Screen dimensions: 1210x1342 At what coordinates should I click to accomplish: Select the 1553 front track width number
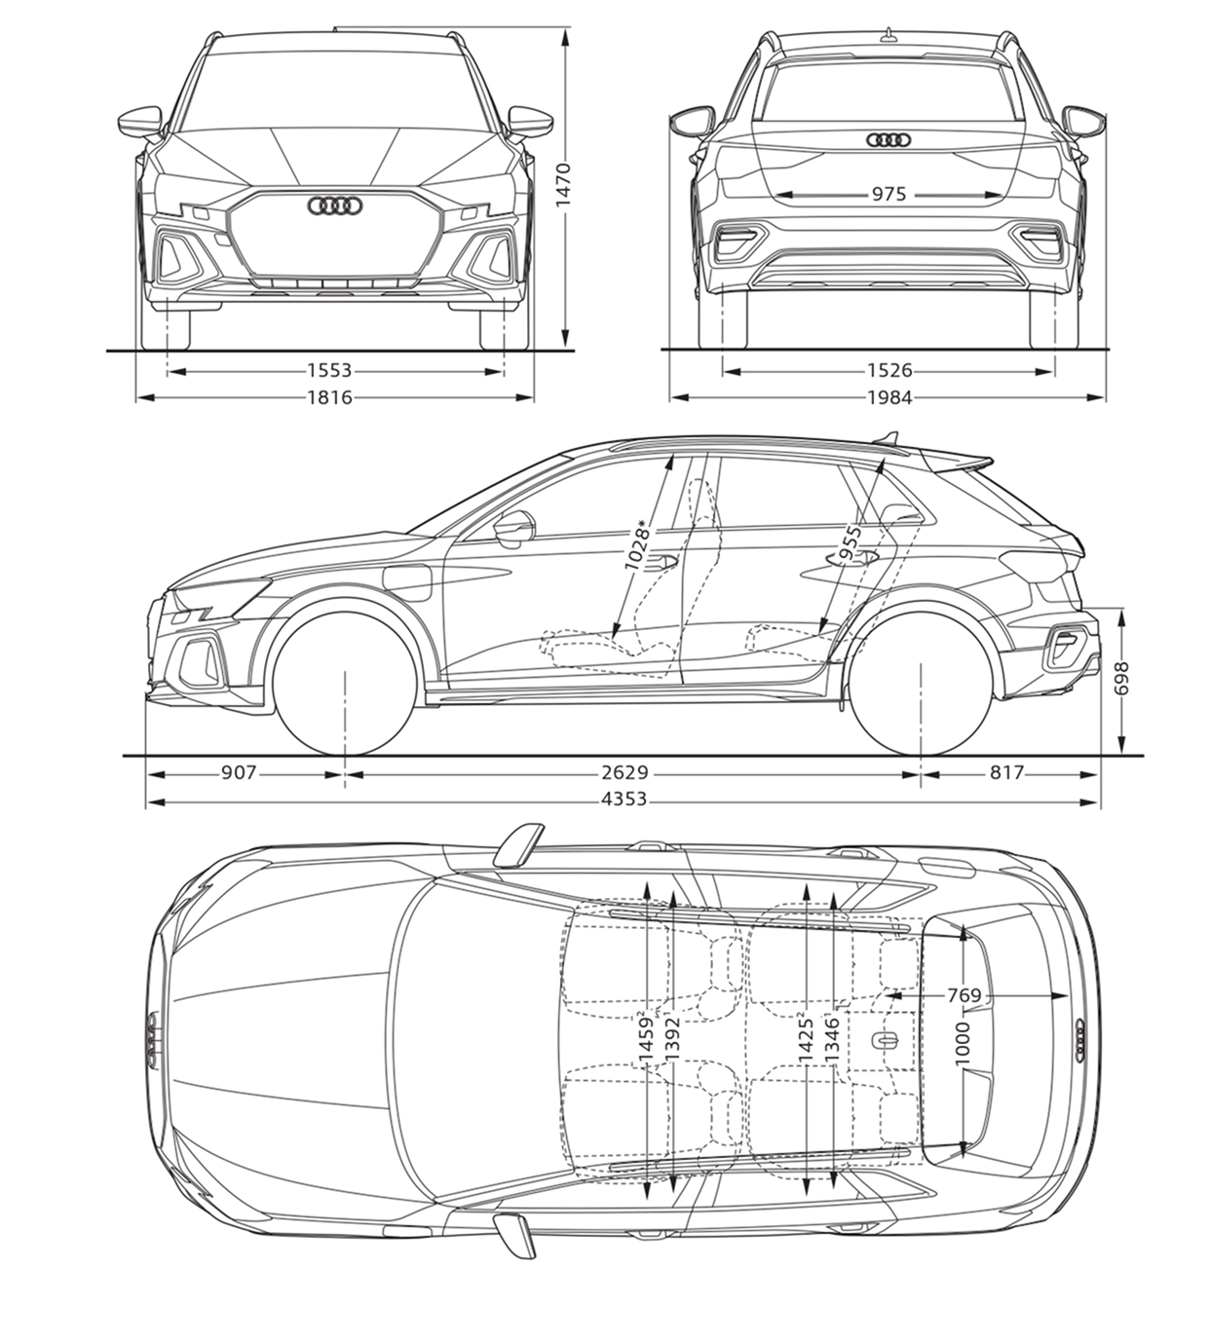coord(329,370)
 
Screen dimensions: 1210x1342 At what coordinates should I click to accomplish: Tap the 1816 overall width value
coord(329,397)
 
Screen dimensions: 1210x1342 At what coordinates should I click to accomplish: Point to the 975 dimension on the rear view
coord(889,194)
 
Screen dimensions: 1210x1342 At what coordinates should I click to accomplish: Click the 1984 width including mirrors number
coord(889,397)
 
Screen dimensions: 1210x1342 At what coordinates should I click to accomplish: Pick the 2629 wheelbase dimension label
coord(625,772)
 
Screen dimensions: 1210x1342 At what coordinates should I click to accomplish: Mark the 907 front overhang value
coord(239,772)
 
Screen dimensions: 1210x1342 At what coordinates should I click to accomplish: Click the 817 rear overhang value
coord(1005,772)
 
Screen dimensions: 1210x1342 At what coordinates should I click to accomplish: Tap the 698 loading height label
coord(1122,678)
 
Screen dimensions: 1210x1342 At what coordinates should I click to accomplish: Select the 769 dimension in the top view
coord(964,995)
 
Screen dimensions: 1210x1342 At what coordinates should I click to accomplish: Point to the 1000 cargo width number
coord(963,1044)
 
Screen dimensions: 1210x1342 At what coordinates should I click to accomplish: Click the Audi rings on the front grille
coord(334,206)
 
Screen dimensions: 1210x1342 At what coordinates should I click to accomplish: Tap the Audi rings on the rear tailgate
coord(889,140)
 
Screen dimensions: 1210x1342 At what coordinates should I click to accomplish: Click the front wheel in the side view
coord(344,683)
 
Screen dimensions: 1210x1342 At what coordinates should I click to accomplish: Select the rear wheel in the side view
coord(921,683)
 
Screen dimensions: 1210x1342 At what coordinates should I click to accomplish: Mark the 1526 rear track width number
coord(889,370)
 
